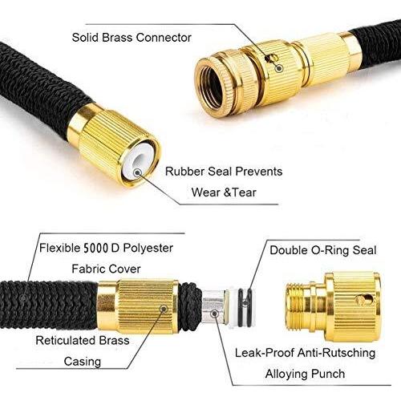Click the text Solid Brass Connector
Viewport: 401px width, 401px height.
132,38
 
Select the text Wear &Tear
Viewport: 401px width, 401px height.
224,192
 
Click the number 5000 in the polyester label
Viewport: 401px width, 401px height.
96,249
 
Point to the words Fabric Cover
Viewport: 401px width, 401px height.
106,269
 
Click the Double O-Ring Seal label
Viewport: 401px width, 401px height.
323,250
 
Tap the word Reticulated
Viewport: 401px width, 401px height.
66,341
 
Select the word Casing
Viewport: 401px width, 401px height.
83,362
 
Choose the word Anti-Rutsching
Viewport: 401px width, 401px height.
336,353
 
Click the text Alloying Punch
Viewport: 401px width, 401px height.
305,374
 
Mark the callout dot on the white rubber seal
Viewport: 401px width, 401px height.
138,172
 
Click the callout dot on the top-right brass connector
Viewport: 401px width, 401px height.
279,68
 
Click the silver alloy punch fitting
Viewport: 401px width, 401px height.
215,306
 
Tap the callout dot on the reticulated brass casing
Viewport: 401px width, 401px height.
164,309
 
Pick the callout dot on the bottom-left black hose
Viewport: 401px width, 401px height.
24,298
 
